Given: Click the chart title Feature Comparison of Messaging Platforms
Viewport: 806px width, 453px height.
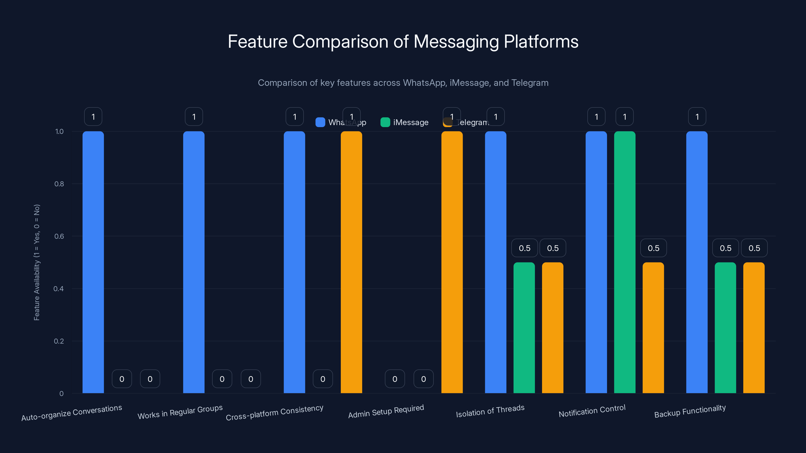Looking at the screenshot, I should click(x=403, y=41).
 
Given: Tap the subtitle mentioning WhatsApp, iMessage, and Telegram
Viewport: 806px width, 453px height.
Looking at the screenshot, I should click(x=403, y=83).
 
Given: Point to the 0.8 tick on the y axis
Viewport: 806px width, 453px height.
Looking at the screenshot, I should click(x=59, y=184).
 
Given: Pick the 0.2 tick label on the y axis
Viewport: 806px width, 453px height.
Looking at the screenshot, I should click(x=59, y=341).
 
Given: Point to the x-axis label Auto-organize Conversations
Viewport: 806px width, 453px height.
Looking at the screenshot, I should click(x=72, y=413).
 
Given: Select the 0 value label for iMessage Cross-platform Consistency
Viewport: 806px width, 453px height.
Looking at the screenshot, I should click(x=323, y=379).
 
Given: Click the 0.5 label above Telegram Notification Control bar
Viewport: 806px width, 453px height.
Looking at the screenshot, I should click(x=653, y=248).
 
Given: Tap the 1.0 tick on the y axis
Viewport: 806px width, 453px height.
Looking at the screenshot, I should click(x=59, y=132).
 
